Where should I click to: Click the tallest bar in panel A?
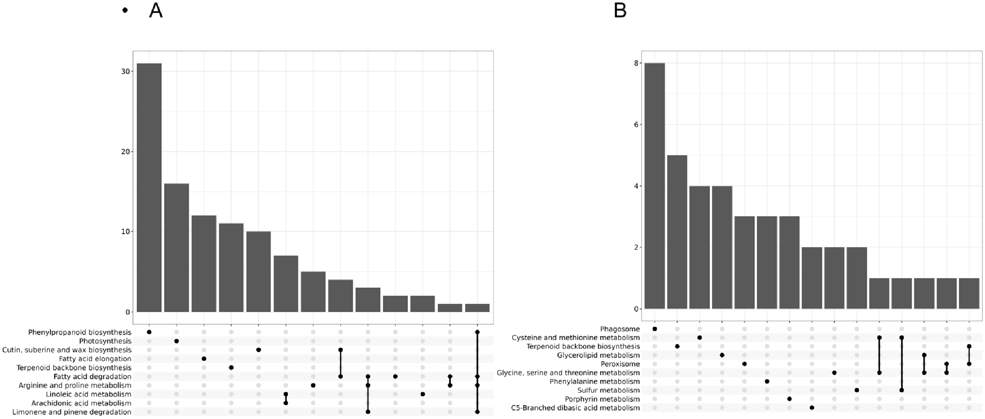point(149,188)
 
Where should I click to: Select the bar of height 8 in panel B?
point(655,186)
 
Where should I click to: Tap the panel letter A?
point(156,11)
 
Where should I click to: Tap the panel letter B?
point(620,11)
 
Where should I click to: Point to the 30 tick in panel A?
point(126,72)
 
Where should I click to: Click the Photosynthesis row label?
point(105,341)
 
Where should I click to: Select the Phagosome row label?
point(620,329)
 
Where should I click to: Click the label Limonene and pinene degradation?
point(72,412)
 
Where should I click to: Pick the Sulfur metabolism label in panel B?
point(609,390)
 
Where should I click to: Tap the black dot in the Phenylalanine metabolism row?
point(767,381)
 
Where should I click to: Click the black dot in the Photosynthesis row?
point(176,341)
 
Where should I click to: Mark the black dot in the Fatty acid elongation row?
point(204,359)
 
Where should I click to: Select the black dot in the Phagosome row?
point(655,329)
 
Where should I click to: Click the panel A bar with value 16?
point(176,248)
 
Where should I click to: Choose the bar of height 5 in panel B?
point(677,232)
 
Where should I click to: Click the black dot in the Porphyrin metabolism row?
point(789,399)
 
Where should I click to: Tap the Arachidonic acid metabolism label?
point(81,403)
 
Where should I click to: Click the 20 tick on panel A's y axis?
point(126,152)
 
